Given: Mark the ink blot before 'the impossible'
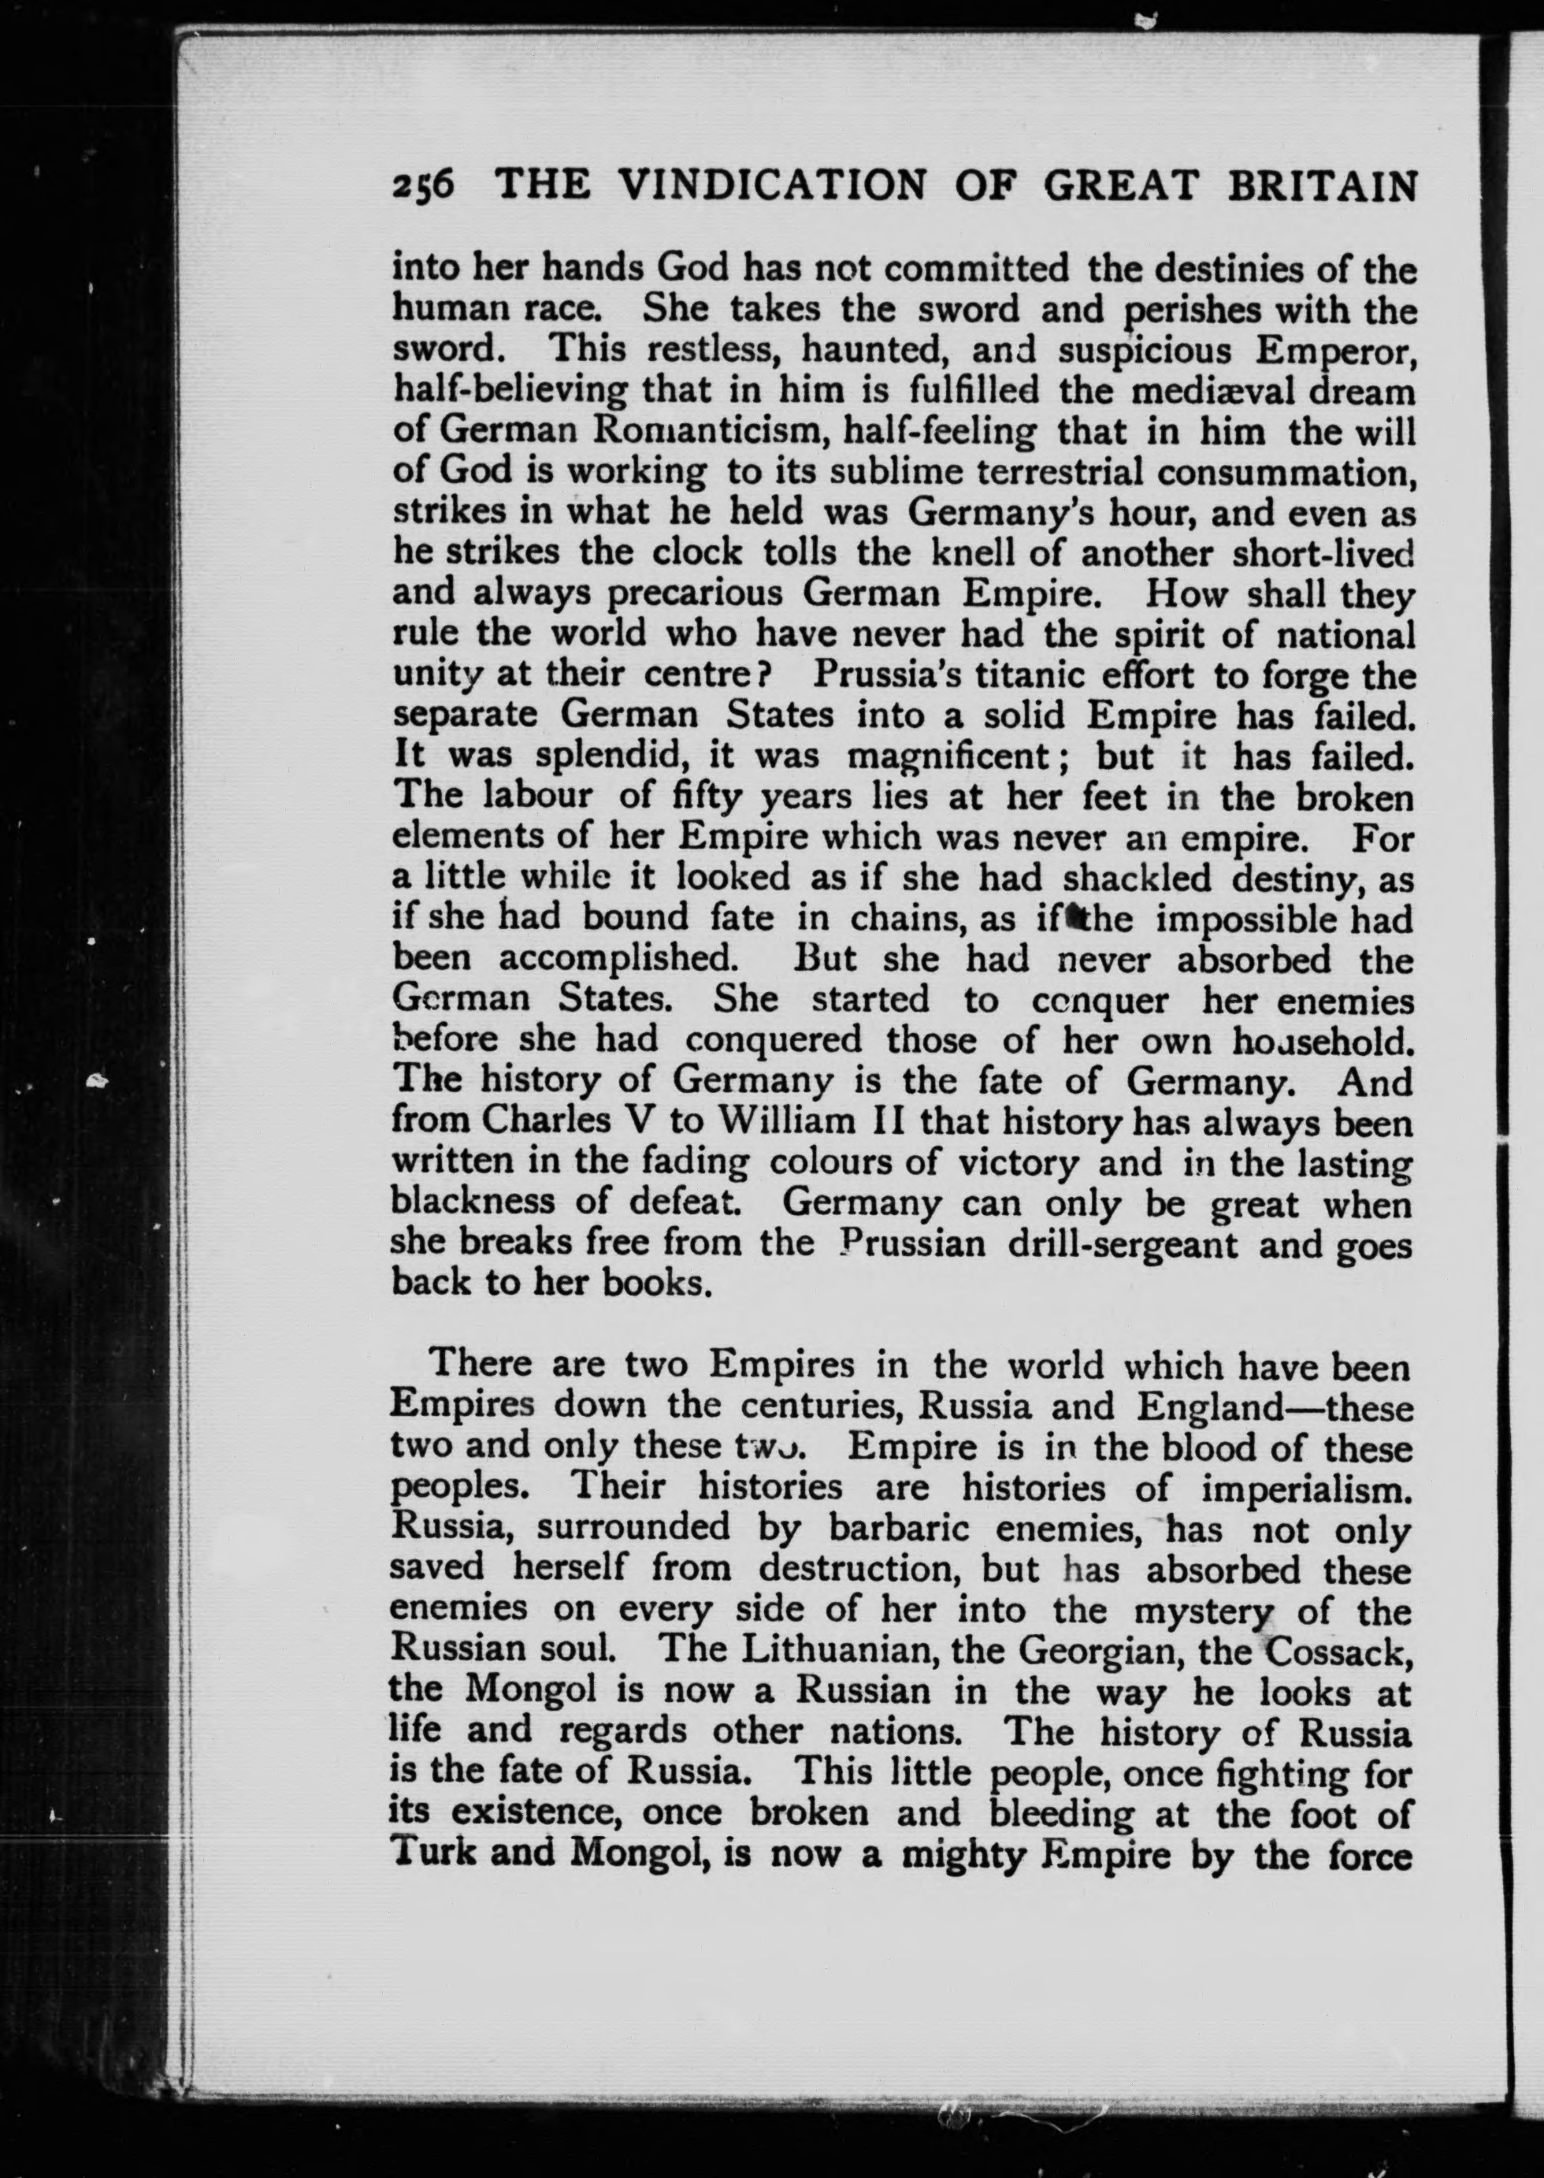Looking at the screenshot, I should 1071,917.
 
